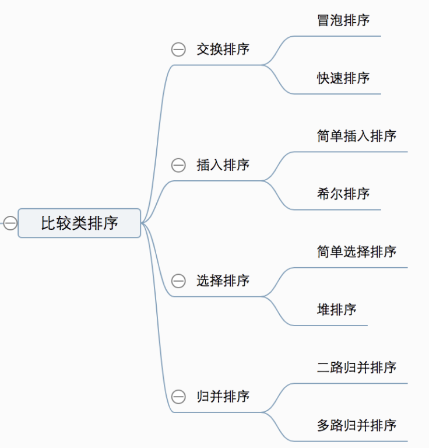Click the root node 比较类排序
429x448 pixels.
pyautogui.click(x=79, y=223)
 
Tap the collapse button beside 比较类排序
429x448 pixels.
pyautogui.click(x=10, y=223)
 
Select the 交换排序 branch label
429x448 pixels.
pyautogui.click(x=223, y=50)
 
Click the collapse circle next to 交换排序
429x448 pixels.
pyautogui.click(x=178, y=50)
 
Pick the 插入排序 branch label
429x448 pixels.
pyautogui.click(x=223, y=165)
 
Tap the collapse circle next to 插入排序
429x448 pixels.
pyautogui.click(x=178, y=165)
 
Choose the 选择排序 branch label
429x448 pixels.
pyautogui.click(x=223, y=281)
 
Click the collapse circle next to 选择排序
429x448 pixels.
pyautogui.click(x=178, y=281)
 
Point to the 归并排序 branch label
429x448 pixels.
pyautogui.click(x=223, y=397)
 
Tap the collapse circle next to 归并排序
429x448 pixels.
pyautogui.click(x=178, y=397)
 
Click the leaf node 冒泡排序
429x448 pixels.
pyautogui.click(x=343, y=20)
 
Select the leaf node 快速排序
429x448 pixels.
pyautogui.click(x=343, y=78)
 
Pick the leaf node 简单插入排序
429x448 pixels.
pyautogui.click(x=357, y=136)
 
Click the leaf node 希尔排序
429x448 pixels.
pyautogui.click(x=343, y=194)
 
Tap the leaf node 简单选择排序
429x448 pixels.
pyautogui.click(x=357, y=251)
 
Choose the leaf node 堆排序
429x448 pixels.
pyautogui.click(x=336, y=310)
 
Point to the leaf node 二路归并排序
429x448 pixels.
pyautogui.click(x=357, y=367)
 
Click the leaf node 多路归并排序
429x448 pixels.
pyautogui.click(x=357, y=425)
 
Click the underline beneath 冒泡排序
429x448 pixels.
pyautogui.click(x=343, y=36)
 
